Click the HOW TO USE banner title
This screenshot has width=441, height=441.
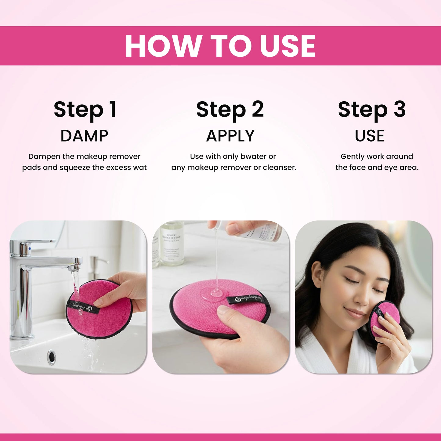pos(220,46)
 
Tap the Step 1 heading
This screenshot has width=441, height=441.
pos(85,110)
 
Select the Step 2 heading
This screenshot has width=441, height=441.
pos(230,110)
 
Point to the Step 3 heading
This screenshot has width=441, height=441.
pos(371,110)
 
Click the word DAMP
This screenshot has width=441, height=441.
pos(84,136)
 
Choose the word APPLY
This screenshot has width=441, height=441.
pos(230,136)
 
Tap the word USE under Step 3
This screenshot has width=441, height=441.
pos(369,136)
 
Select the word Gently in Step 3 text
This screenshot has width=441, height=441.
pos(352,157)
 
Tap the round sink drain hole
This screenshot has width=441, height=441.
pos(51,356)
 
